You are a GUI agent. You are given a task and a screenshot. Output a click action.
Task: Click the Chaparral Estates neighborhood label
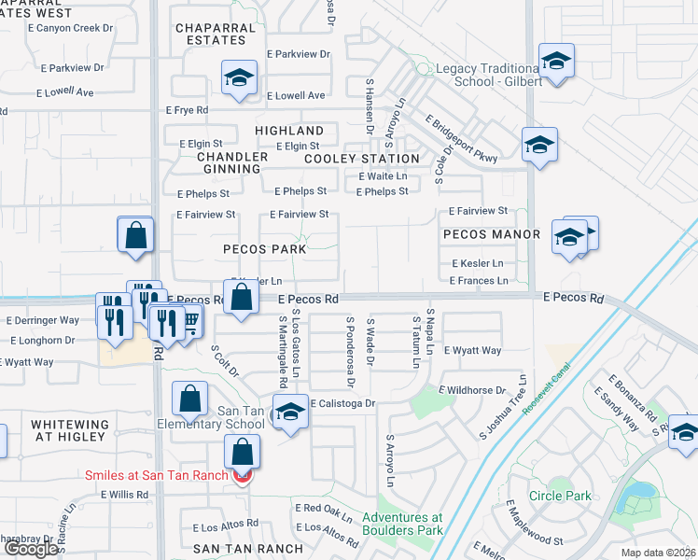coord(216,35)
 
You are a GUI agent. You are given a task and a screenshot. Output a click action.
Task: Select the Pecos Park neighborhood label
coord(265,249)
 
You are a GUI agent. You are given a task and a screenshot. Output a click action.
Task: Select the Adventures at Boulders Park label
coord(402,524)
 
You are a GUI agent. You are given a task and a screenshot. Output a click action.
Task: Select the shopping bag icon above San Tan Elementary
coord(189,399)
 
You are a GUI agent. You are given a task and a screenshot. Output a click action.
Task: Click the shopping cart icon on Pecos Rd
coord(190,322)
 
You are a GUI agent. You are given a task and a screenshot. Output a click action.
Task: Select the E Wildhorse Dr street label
coord(472,390)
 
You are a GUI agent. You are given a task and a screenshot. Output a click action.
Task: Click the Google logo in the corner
coord(31,549)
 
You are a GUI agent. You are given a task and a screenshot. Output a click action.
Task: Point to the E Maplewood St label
coord(537,525)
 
